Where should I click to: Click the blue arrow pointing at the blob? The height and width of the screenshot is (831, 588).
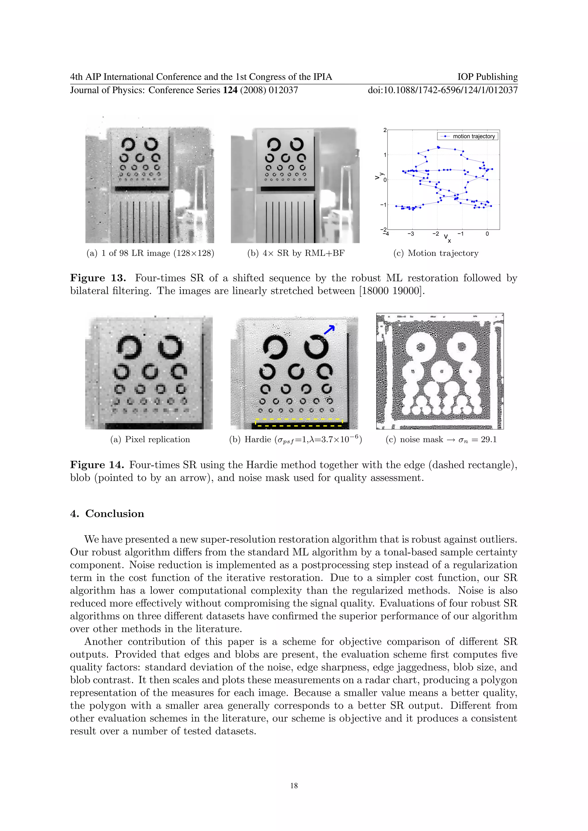click(329, 329)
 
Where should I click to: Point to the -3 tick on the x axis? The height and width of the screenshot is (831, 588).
click(411, 234)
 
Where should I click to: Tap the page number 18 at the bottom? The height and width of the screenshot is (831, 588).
click(294, 785)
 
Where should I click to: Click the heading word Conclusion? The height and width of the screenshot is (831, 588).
click(115, 514)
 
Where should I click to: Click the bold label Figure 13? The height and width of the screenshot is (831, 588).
click(98, 278)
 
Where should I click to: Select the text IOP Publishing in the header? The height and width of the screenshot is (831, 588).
click(487, 77)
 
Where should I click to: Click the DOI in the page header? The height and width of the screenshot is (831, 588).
click(442, 90)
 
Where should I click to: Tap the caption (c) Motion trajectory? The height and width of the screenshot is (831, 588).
click(436, 253)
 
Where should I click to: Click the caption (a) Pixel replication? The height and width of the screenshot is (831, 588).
click(150, 439)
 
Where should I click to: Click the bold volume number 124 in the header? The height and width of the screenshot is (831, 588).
click(230, 90)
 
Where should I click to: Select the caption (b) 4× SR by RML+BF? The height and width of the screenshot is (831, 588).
click(296, 253)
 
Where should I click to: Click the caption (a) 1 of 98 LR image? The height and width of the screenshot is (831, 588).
click(150, 253)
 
